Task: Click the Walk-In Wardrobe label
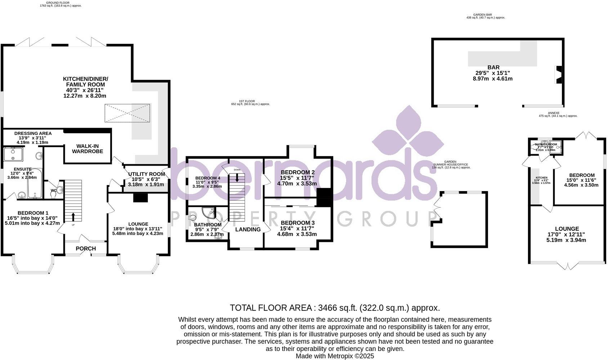pyautogui.click(x=87, y=149)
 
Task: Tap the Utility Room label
pyautogui.click(x=147, y=174)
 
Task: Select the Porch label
pyautogui.click(x=86, y=248)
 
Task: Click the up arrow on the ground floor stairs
pyautogui.click(x=73, y=217)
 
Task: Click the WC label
pyautogui.click(x=53, y=190)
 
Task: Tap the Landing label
pyautogui.click(x=248, y=229)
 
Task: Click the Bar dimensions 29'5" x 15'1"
pyautogui.click(x=493, y=73)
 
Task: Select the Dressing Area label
pyautogui.click(x=33, y=133)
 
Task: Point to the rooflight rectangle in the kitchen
pyautogui.click(x=127, y=113)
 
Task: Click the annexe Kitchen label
pyautogui.click(x=541, y=177)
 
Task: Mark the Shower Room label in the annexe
pyautogui.click(x=546, y=144)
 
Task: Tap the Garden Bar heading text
pyautogui.click(x=485, y=15)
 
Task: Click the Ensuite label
pyautogui.click(x=23, y=169)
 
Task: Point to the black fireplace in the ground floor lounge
pyautogui.click(x=140, y=198)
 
